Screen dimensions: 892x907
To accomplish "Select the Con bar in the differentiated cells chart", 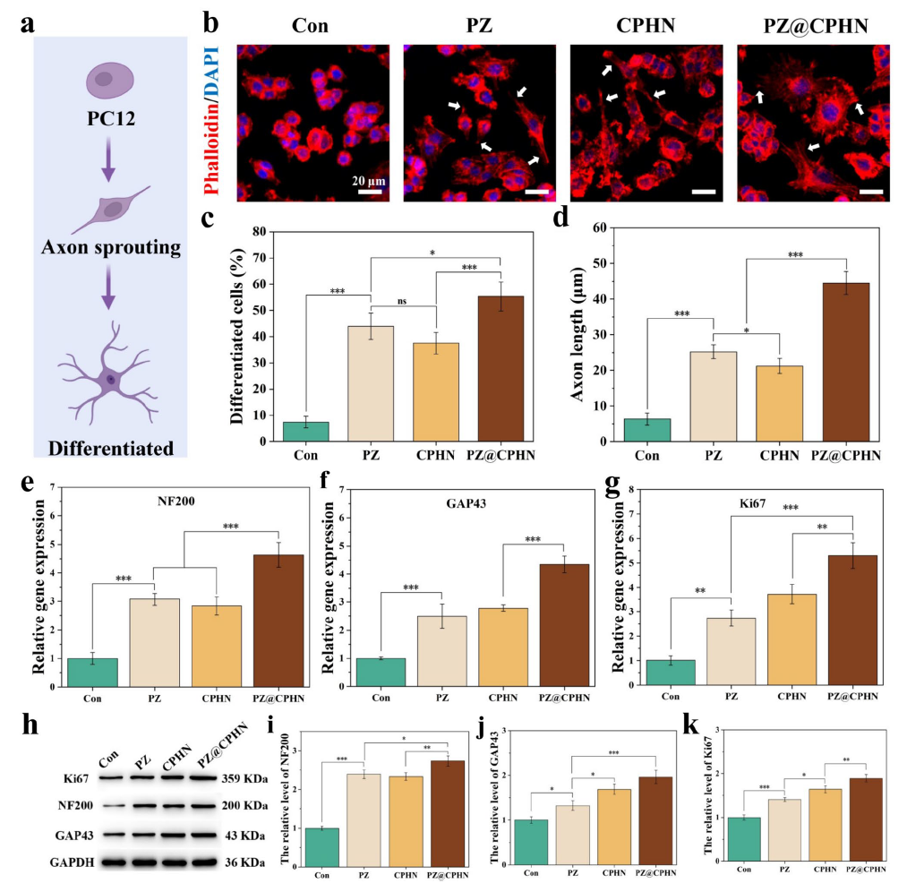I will pyautogui.click(x=306, y=432).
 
